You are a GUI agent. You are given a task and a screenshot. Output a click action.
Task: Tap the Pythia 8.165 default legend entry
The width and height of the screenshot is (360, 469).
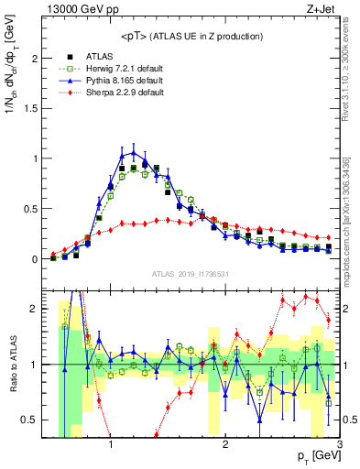(113, 80)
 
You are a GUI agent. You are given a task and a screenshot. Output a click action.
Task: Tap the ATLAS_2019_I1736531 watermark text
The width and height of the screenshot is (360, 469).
(189, 274)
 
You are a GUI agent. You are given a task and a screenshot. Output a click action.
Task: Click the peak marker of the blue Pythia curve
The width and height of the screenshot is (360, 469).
(134, 152)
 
